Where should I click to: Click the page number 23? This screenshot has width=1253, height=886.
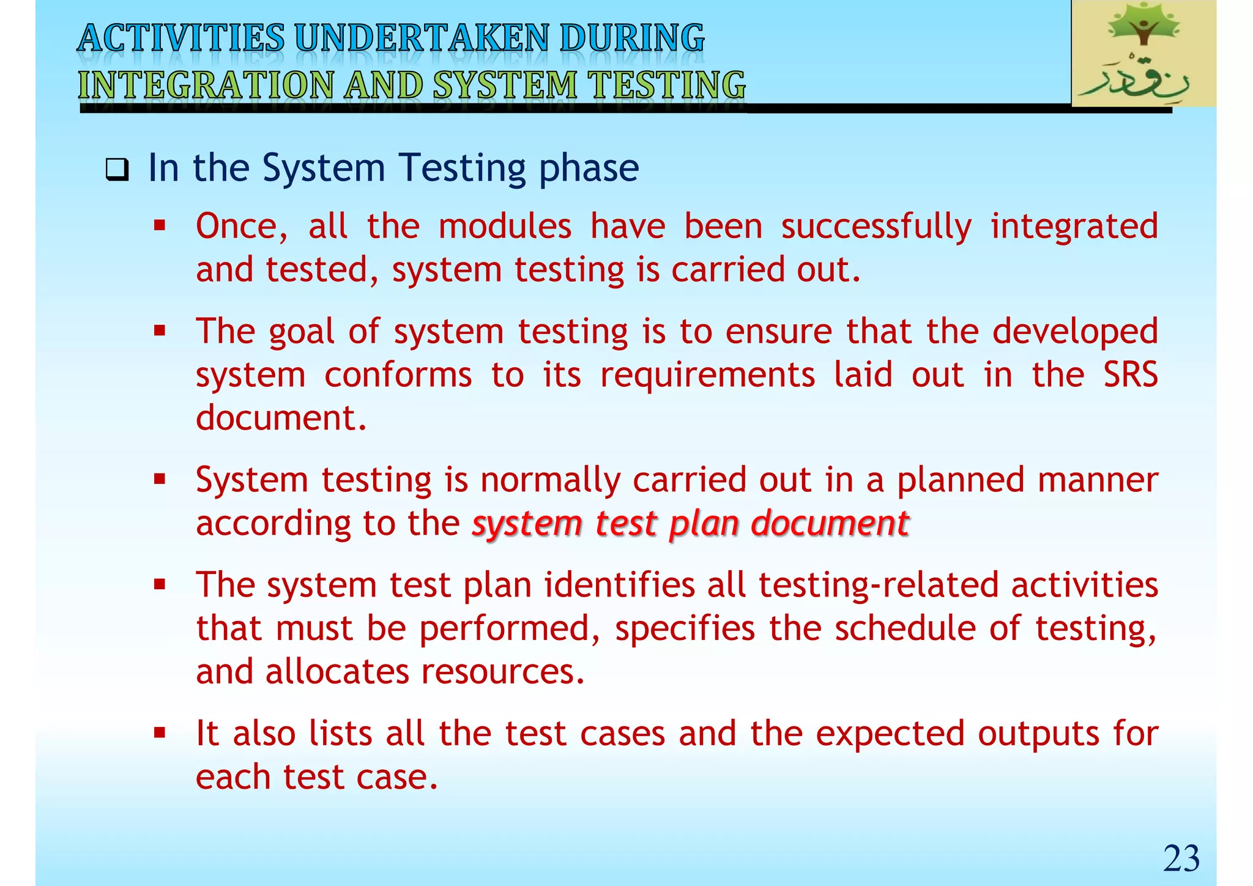pos(1181,858)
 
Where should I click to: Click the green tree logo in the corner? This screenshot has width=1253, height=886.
pos(1143,53)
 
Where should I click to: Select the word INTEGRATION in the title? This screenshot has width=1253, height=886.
pos(205,85)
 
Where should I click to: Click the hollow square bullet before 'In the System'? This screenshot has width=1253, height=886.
pos(116,169)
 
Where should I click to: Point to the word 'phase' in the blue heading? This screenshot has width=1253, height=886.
pos(589,168)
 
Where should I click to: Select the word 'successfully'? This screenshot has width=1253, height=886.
pos(876,226)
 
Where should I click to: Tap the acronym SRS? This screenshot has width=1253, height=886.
pos(1131,374)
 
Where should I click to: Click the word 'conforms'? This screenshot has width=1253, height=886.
pos(398,374)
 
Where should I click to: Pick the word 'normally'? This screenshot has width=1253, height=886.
pos(551,480)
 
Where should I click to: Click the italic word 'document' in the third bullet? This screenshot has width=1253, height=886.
pos(830,524)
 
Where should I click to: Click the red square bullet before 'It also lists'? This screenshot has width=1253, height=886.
pos(160,732)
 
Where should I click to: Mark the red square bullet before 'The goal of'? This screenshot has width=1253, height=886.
pos(160,331)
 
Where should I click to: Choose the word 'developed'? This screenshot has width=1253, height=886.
pos(1075,332)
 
